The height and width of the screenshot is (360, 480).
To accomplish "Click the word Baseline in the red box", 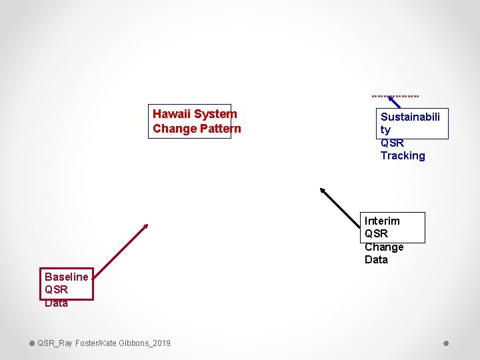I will tap(66, 277).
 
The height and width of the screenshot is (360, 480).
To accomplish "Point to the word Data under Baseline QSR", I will tap(56, 303).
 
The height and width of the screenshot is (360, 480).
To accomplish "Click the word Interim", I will tap(382, 221).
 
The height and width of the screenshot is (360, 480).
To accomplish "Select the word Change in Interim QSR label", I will tap(384, 247).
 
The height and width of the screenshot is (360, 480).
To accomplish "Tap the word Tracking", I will tap(402, 155).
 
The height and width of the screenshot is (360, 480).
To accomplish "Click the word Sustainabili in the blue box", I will tap(410, 117).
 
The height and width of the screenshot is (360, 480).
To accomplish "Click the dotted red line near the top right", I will tap(395, 95).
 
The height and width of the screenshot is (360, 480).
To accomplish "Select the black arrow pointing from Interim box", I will tap(343, 207).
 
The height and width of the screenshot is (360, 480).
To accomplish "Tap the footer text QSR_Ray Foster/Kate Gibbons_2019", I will tap(103, 343).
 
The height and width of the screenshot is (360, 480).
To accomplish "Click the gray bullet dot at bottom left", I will tap(32, 343).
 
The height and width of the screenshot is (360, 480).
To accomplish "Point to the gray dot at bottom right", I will tap(446, 343).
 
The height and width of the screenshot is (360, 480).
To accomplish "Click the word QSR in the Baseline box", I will tap(56, 290).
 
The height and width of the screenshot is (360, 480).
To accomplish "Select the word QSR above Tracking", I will tap(392, 143).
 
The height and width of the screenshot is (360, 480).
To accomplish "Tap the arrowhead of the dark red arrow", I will tap(145, 225).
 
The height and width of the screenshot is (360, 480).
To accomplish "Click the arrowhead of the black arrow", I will tap(323, 190).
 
